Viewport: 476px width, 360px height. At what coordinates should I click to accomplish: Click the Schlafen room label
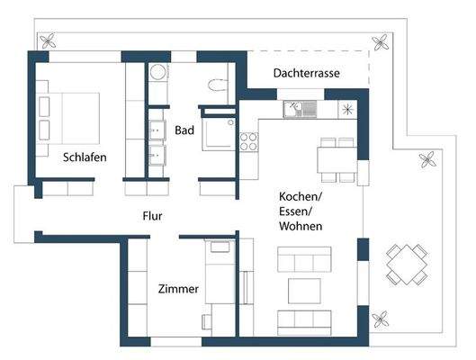tap(85, 157)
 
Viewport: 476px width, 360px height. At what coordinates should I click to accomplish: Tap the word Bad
tap(184, 130)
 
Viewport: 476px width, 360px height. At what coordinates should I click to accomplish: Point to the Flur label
tap(152, 216)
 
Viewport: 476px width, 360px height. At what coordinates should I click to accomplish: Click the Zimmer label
tap(178, 290)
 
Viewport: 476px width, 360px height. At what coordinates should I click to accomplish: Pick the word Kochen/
tap(301, 197)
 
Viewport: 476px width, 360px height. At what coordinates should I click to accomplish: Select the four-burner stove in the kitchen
tap(247, 141)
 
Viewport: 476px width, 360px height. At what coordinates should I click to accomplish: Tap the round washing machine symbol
tap(157, 72)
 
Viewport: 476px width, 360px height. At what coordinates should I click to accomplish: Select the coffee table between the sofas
tap(303, 290)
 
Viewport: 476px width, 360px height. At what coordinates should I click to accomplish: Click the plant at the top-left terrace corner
tap(49, 40)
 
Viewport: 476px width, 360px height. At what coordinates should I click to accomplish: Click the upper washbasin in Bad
tap(160, 125)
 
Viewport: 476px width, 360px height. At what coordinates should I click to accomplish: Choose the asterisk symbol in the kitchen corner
tap(348, 109)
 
